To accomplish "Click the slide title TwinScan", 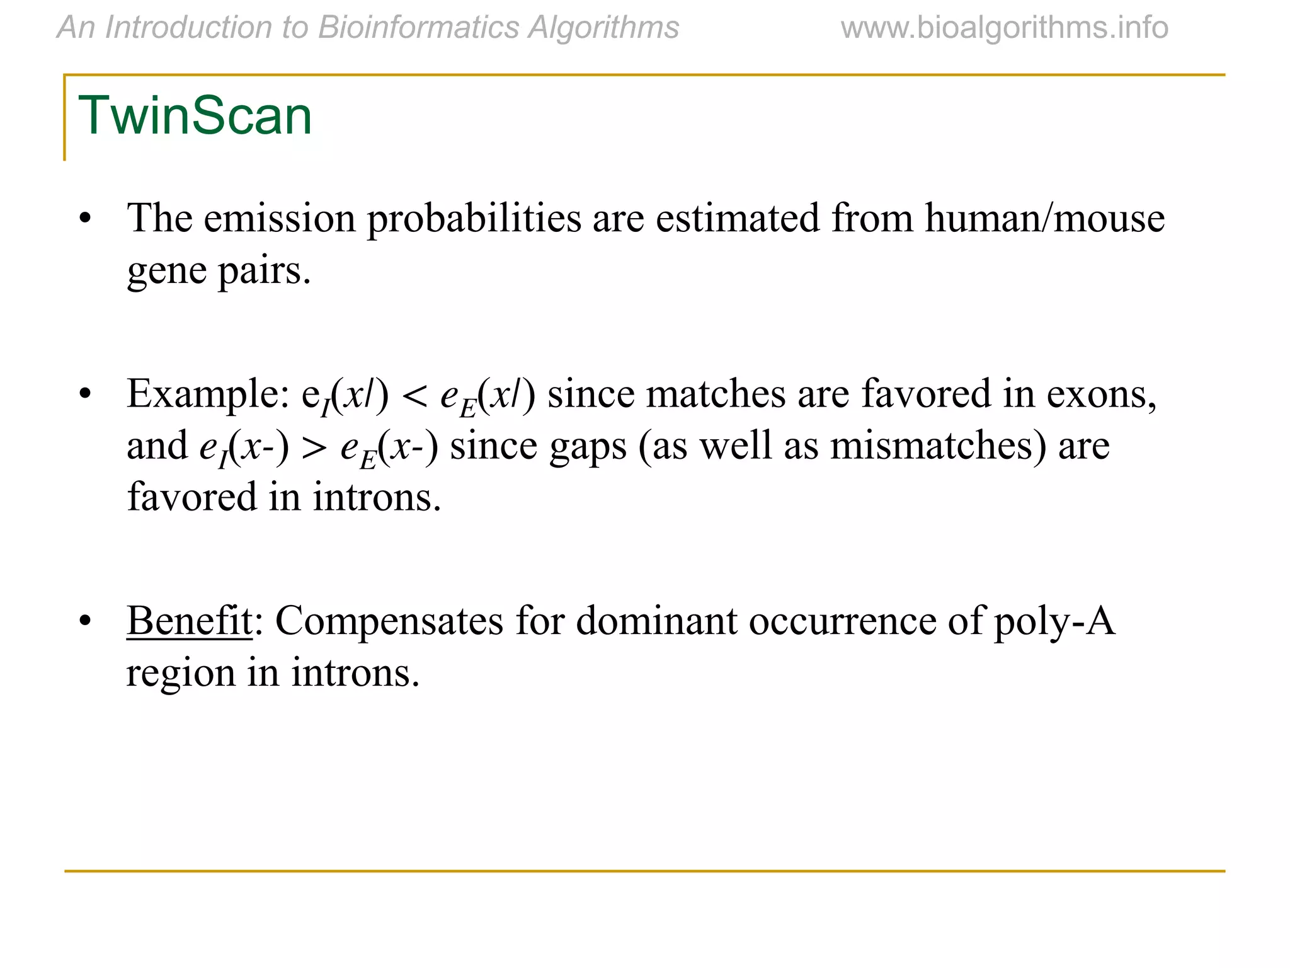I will tap(195, 115).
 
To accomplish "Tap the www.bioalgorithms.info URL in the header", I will tap(1004, 28).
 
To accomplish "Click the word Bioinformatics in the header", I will tap(419, 28).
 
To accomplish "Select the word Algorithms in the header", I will tap(603, 28).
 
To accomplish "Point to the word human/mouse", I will tap(1044, 218).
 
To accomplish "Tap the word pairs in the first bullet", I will tap(264, 270).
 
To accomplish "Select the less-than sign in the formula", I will tap(414, 396).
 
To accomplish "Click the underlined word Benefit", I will tap(189, 621).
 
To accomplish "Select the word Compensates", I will tap(389, 621).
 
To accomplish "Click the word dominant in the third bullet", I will tap(656, 621).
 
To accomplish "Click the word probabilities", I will tap(474, 218).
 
